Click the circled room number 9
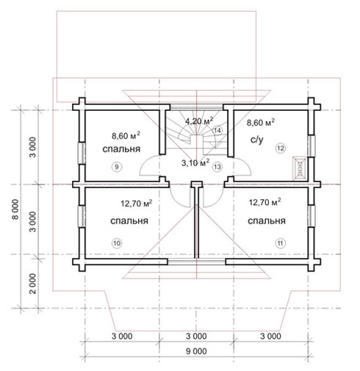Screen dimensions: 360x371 pos(117,167)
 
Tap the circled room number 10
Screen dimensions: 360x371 pos(117,243)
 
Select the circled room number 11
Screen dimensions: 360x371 pos(280,243)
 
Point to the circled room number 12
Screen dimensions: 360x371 pos(281,148)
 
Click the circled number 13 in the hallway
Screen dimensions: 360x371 pos(217,167)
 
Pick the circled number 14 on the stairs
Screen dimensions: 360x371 pos(217,130)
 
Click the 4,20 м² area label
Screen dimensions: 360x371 pos(199,120)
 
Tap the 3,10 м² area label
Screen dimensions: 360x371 pos(195,162)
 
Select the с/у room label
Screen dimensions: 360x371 pos(257,140)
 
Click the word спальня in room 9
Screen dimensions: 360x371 pos(121,149)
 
